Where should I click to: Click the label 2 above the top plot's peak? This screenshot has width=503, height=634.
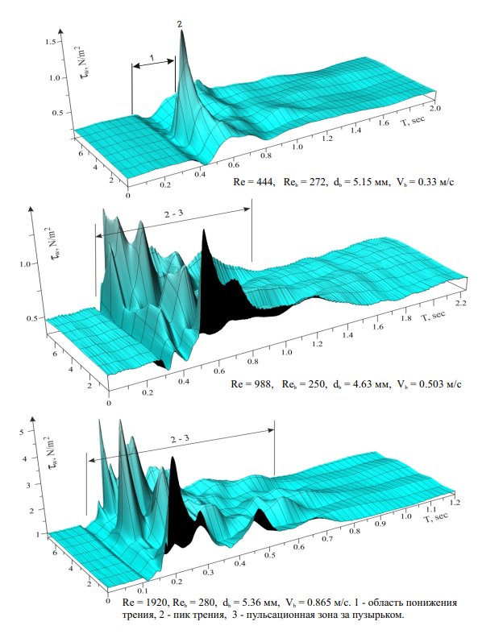click(180, 25)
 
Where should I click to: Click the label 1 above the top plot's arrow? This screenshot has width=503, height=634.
click(152, 56)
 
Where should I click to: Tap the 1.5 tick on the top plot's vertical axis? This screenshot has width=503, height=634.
click(50, 40)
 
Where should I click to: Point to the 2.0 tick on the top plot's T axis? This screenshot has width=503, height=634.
click(436, 107)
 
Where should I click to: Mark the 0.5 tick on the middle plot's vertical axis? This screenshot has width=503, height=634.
click(35, 318)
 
